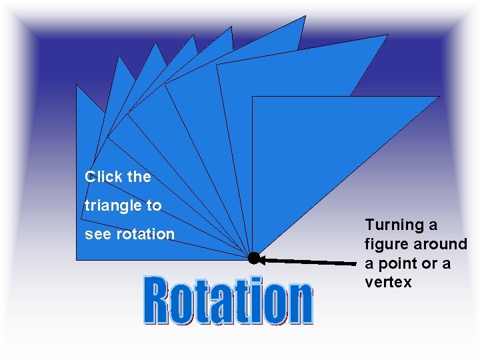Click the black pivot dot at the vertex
tap(253, 258)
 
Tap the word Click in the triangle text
tap(102, 177)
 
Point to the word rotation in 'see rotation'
tap(145, 235)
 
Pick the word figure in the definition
tap(384, 245)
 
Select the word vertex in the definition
tap(388, 282)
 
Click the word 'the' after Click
tap(139, 177)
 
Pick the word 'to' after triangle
tap(154, 206)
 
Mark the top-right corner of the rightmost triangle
tap(439, 97)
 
